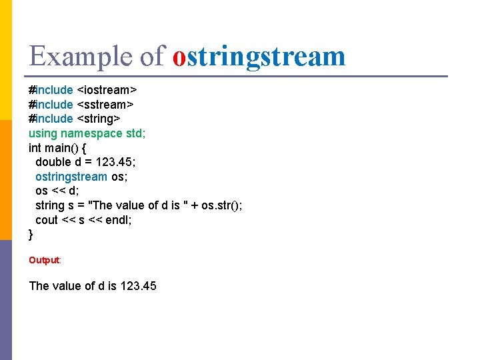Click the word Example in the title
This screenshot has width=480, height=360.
pos(81,57)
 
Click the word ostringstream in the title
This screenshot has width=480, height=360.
pos(259,57)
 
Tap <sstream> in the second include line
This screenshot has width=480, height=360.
pos(105,104)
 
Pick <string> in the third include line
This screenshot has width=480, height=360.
pos(99,119)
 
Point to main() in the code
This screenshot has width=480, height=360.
pos(59,147)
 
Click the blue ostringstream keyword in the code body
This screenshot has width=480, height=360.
pos(71,177)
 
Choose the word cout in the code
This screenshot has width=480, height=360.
pos(47,220)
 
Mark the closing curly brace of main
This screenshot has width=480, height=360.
pos(31,235)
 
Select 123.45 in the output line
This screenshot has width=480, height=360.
pos(139,286)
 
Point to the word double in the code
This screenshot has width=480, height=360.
pos(53,162)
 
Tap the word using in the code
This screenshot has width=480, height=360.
pos(43,133)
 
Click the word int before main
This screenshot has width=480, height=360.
pos(35,147)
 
